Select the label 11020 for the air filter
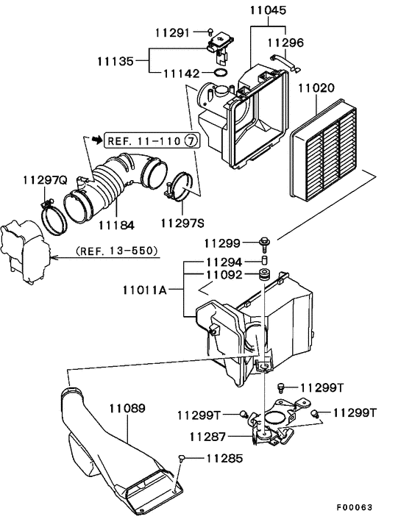316,88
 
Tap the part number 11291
173,32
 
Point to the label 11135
117,61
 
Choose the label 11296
285,43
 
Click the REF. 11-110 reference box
151,140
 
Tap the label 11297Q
43,179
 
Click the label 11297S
181,221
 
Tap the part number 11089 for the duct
127,407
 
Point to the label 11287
207,437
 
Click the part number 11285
224,459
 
